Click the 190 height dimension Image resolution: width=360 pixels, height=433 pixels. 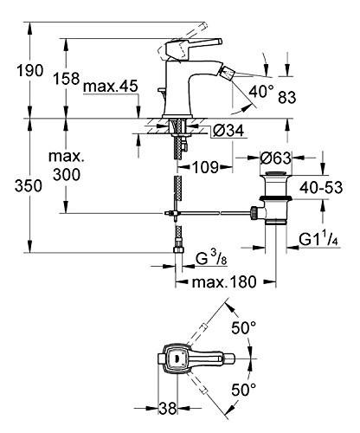[x=29, y=71]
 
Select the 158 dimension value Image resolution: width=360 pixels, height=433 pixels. [x=66, y=78]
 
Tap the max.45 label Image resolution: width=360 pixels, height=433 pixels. [x=111, y=87]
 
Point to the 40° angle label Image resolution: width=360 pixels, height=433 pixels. [x=260, y=92]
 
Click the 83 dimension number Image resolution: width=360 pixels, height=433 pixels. [x=286, y=97]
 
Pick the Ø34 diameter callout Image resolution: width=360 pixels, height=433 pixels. [x=228, y=131]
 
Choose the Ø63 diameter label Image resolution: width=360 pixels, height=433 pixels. [x=275, y=158]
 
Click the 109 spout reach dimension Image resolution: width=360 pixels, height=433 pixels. [x=205, y=167]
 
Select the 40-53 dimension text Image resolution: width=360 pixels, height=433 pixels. [x=321, y=187]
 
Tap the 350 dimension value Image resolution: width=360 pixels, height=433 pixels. [x=29, y=186]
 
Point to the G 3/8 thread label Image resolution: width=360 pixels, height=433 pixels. [x=211, y=259]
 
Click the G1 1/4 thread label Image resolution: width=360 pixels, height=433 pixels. [x=318, y=239]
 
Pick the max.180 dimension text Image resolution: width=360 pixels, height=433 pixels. [x=224, y=282]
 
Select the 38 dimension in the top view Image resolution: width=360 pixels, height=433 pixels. [x=168, y=408]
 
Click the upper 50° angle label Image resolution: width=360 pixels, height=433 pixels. [x=243, y=328]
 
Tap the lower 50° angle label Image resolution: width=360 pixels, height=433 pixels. [x=243, y=390]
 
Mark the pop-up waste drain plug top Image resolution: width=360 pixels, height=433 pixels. [x=276, y=174]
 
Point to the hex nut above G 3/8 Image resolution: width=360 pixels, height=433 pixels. [x=177, y=249]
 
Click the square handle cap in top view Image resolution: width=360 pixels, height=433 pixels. [x=176, y=358]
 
